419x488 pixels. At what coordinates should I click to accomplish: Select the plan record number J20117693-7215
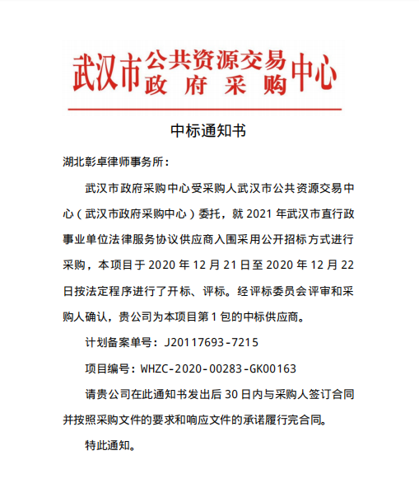pyautogui.click(x=212, y=340)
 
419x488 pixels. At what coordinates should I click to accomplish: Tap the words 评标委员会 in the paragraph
pyautogui.click(x=286, y=291)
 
